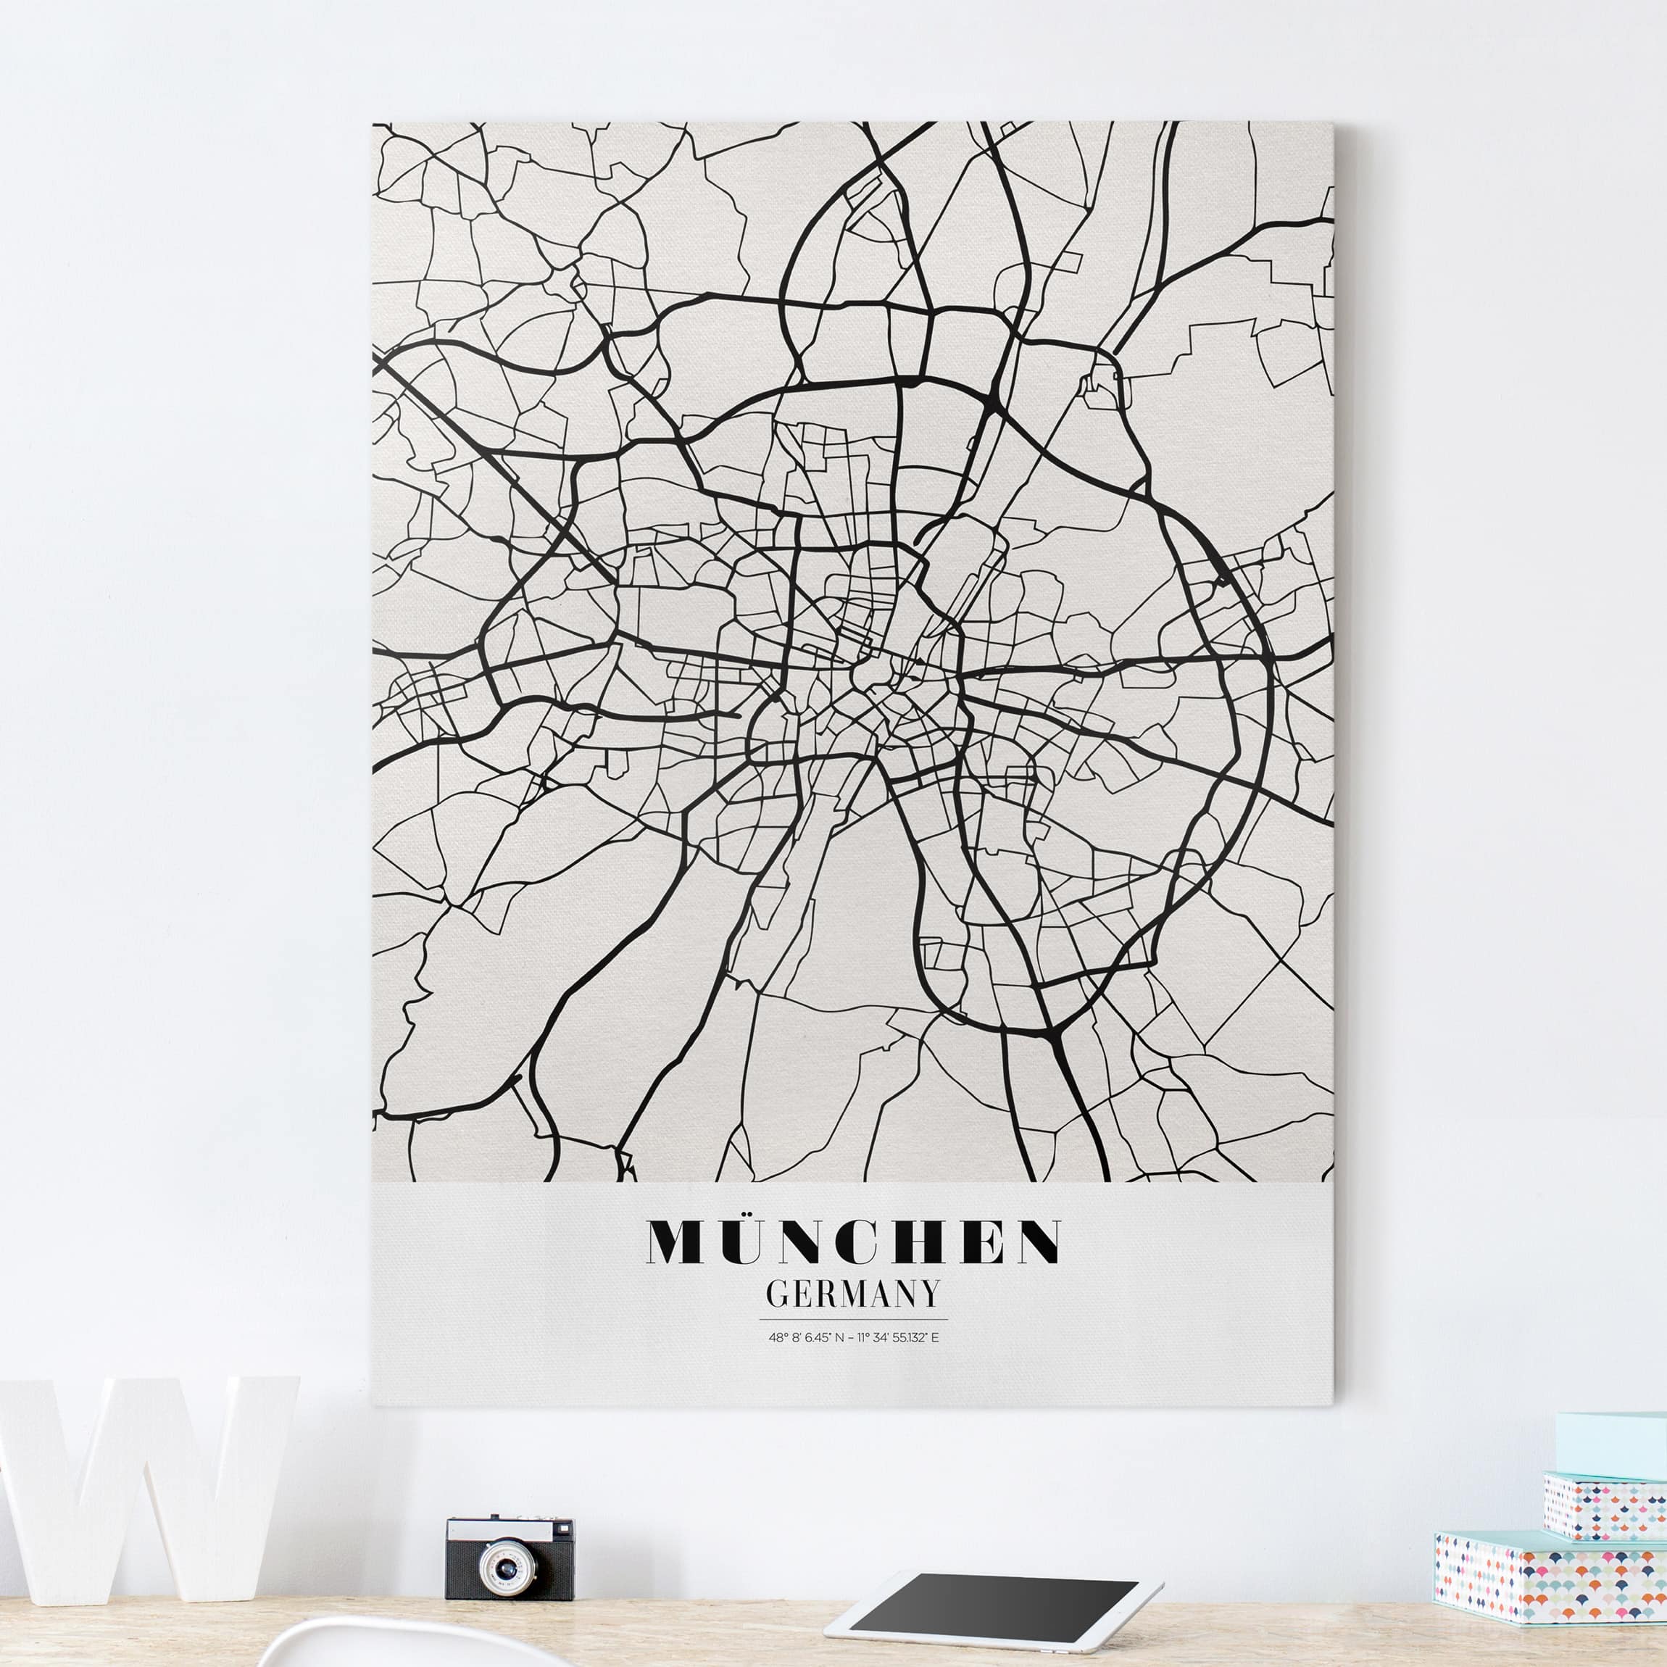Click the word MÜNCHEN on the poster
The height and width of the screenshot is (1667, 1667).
[x=853, y=1241]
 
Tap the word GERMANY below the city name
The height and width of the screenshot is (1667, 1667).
[x=852, y=1294]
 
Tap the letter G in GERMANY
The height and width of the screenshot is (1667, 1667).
[x=778, y=1294]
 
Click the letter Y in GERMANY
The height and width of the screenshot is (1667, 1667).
[x=928, y=1294]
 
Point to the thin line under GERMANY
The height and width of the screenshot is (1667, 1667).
[x=852, y=1319]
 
